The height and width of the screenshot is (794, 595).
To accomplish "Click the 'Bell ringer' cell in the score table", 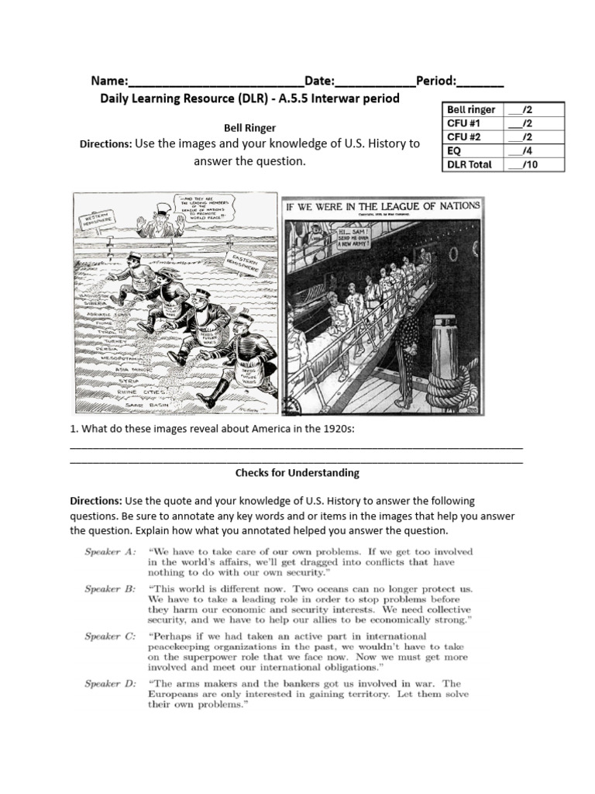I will (x=469, y=109).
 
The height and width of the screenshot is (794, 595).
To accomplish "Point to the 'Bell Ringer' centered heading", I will (x=249, y=127).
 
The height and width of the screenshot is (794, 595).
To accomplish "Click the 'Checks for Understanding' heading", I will (x=297, y=472).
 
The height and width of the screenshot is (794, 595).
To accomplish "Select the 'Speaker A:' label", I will (x=110, y=551).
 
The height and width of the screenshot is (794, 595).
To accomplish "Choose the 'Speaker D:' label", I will (x=110, y=683).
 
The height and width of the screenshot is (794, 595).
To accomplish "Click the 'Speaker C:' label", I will (x=110, y=636).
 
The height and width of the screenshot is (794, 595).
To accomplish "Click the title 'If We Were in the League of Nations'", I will (x=383, y=206).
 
